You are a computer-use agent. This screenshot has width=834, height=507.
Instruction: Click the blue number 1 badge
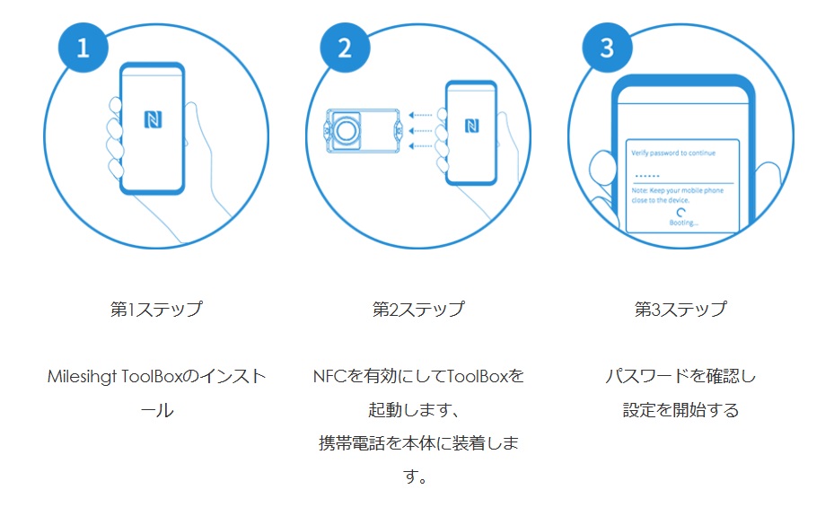click(x=83, y=48)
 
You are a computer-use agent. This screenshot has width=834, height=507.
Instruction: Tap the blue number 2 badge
click(x=345, y=48)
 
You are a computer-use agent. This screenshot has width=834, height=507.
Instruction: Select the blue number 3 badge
click(x=607, y=48)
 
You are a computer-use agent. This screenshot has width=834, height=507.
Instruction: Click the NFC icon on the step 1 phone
click(x=152, y=119)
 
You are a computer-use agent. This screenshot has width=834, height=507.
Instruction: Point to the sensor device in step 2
click(x=359, y=131)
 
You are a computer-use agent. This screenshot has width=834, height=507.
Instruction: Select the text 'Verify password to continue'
click(x=673, y=153)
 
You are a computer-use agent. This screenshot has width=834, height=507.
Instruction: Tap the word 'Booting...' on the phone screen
click(x=684, y=221)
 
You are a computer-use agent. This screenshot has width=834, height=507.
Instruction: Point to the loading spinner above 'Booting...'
click(x=684, y=209)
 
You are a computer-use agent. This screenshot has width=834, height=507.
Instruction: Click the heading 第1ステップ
click(x=156, y=310)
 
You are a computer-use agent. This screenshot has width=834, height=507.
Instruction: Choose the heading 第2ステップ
click(x=418, y=310)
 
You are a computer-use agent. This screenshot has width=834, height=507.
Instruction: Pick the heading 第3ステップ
click(x=680, y=310)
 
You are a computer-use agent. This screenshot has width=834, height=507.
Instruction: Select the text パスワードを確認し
click(x=680, y=377)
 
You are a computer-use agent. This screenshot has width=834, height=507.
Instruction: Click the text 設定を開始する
click(x=680, y=411)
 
